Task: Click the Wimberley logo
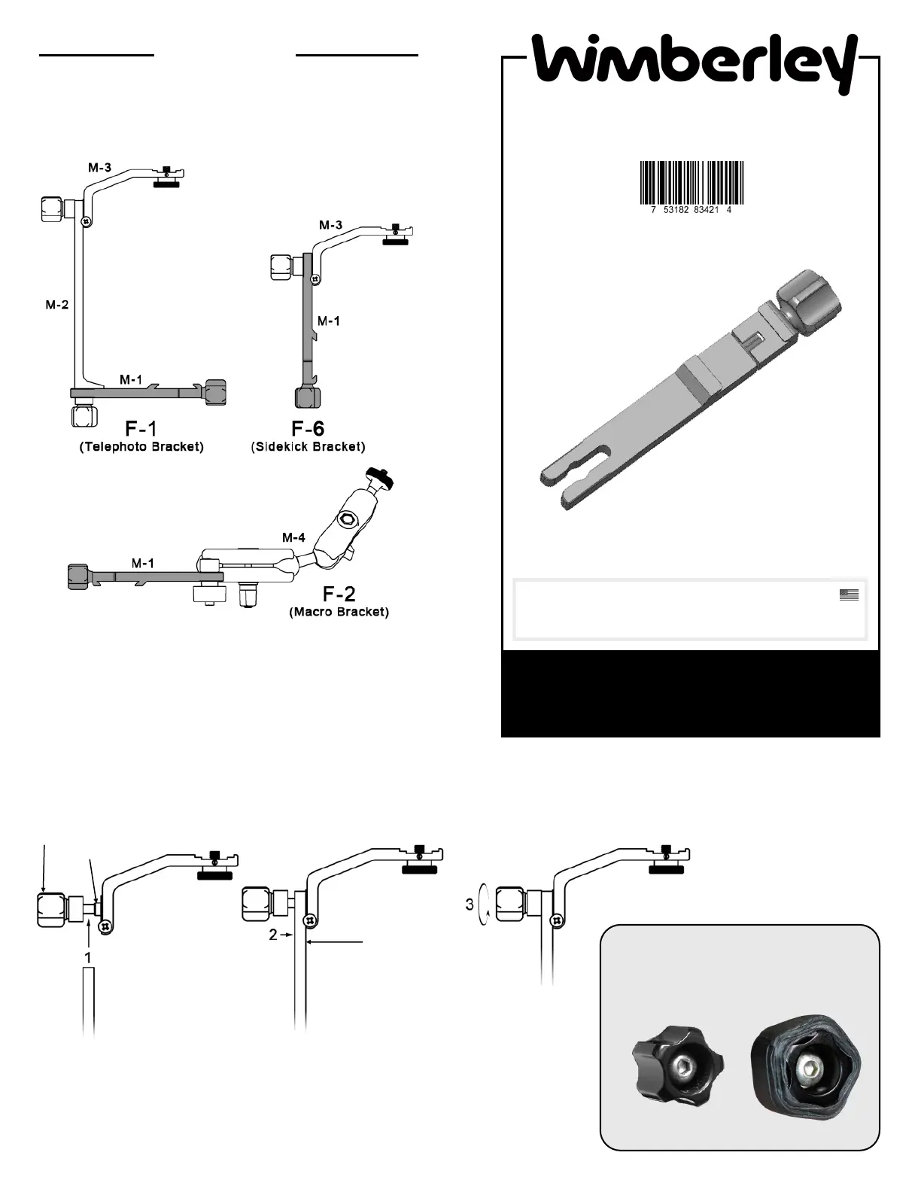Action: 694,63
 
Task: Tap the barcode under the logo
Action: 692,184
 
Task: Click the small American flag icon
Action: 849,594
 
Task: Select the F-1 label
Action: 141,428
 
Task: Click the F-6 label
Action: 308,428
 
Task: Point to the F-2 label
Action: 339,594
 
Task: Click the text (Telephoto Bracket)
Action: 141,447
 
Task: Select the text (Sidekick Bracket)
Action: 308,447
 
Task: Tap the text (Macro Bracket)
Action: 339,612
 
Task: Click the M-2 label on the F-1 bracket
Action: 57,305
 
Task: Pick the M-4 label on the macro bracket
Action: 293,538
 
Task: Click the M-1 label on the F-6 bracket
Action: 328,321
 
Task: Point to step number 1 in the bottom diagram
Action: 88,958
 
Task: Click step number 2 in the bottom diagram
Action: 274,935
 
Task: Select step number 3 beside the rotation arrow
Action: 470,905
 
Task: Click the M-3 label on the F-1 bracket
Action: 100,167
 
